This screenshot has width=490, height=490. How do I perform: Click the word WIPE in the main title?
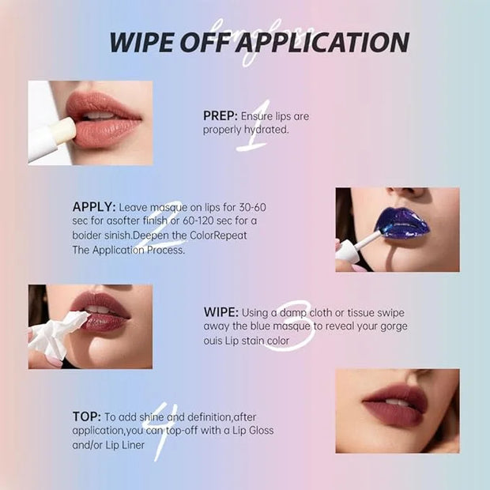[x=141, y=42]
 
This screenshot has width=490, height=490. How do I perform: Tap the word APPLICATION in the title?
[x=322, y=42]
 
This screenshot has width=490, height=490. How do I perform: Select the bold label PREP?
[x=220, y=116]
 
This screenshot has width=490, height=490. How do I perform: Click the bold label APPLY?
[x=94, y=207]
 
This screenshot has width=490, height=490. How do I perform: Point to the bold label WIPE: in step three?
[x=221, y=312]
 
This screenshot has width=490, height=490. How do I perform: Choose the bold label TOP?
[x=87, y=416]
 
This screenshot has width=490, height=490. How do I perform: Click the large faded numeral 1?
[x=254, y=126]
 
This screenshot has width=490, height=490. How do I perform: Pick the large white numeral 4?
[x=160, y=432]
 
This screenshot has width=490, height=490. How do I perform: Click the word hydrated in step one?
[x=266, y=130]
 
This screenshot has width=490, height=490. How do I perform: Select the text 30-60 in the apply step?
[x=252, y=207]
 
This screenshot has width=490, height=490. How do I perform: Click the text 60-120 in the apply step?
[x=198, y=220]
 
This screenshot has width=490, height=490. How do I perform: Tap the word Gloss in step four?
[x=262, y=430]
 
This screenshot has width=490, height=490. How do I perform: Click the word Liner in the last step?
[x=133, y=445]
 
